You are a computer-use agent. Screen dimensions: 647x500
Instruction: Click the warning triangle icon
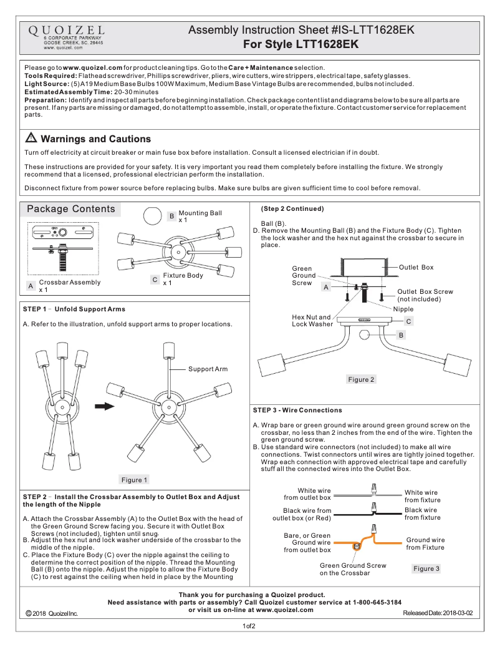coord(31,139)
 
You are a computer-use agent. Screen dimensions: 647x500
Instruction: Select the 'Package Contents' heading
coord(71,209)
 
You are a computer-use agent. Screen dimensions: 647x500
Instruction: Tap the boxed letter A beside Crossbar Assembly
coord(30,286)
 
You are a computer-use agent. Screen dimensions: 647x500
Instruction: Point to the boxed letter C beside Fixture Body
coord(155,280)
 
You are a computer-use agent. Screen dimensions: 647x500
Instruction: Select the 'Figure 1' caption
coord(135,480)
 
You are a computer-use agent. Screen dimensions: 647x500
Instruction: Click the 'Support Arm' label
coord(208,369)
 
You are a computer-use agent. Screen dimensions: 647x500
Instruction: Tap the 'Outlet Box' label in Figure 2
coord(415,268)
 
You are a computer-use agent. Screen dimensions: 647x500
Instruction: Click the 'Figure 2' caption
coord(362,379)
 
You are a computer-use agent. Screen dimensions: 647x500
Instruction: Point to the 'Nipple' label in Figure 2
coord(403,309)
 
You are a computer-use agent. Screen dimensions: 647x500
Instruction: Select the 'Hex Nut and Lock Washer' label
coord(312,321)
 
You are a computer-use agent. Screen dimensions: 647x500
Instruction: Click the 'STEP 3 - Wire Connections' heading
coord(297,411)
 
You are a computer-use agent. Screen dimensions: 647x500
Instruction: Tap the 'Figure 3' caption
coord(426,568)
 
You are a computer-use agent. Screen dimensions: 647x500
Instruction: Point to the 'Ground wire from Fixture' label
coord(425,543)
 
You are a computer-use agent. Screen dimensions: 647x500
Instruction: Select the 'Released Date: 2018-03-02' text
coord(438,613)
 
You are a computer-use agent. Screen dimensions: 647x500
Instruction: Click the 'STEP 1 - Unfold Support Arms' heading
coord(74,309)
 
